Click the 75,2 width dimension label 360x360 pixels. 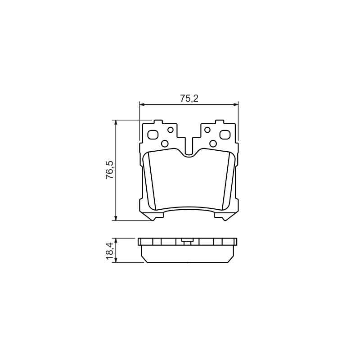(x=189, y=99)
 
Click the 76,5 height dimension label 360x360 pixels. (x=109, y=170)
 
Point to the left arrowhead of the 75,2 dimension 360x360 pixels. (x=142, y=105)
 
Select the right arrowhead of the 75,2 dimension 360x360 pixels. (x=236, y=105)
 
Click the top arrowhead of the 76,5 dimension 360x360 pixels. (x=116, y=122)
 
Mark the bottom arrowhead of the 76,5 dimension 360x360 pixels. (x=116, y=218)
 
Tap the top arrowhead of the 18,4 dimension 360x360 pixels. (x=116, y=241)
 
